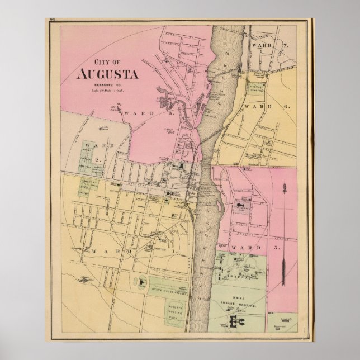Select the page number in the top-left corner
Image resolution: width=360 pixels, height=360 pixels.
click(53, 21)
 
